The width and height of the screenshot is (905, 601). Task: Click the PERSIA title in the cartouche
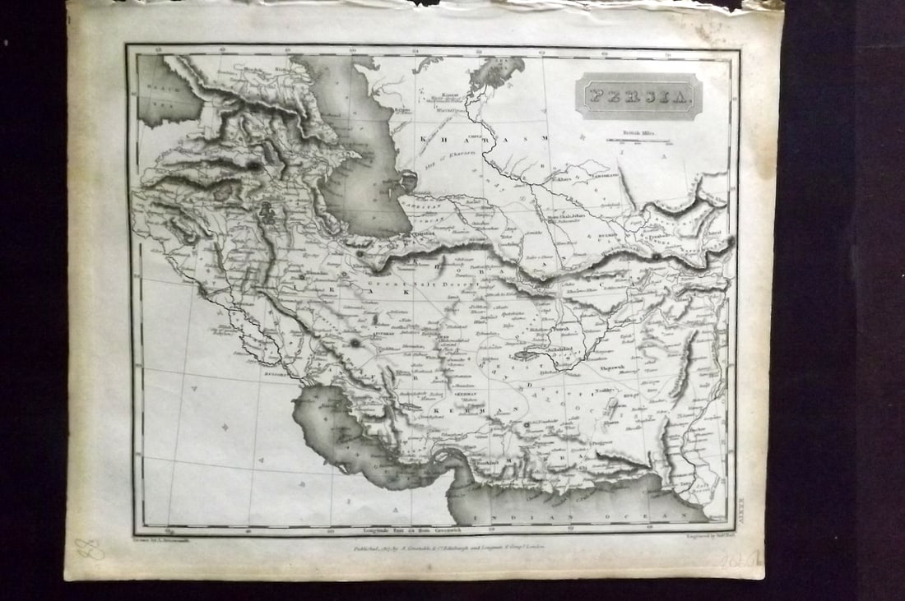638,96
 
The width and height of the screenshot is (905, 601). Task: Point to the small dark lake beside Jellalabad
523,356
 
